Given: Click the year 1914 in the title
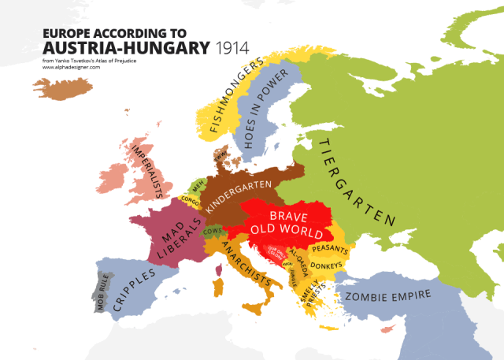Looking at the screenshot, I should (x=230, y=48).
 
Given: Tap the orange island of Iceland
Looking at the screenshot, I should (x=62, y=89).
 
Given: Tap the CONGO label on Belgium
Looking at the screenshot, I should (x=190, y=200).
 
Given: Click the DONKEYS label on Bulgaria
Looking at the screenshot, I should (x=325, y=265).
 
